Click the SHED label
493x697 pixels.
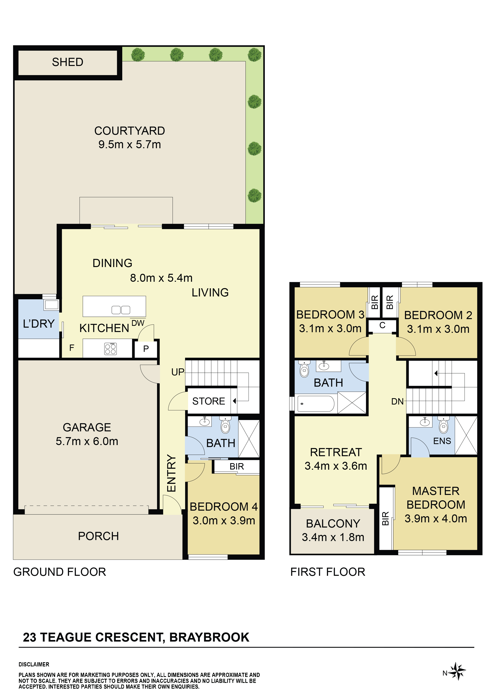point(67,62)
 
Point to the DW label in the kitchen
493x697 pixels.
point(138,323)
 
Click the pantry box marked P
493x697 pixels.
point(146,349)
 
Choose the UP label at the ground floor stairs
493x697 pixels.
point(178,372)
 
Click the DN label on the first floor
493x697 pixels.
point(397,401)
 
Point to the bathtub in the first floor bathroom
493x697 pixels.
point(316,404)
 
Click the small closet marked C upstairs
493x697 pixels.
point(382,326)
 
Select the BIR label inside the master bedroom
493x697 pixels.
point(385,519)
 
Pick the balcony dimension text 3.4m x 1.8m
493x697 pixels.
point(333,537)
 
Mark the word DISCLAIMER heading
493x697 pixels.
point(34,664)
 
